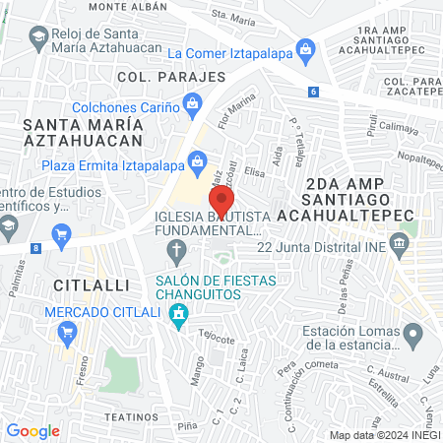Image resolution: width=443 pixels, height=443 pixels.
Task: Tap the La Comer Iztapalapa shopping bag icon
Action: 307,50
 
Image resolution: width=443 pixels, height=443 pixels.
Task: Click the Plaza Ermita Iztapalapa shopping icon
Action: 199,159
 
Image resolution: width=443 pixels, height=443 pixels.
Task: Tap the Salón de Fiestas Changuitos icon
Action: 178,314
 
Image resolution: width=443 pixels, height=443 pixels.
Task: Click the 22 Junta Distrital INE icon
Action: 399,242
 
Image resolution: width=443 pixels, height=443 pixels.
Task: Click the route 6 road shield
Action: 313,92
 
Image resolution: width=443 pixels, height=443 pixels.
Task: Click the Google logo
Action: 32,430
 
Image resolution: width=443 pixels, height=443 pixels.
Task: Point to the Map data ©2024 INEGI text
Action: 384,435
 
